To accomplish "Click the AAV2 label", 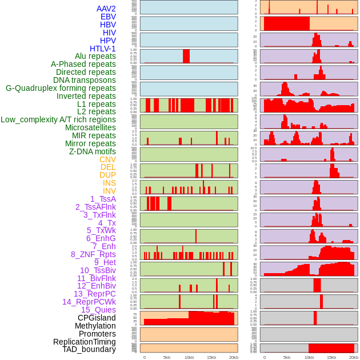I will click(x=106, y=9).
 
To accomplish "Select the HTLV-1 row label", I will click(x=103, y=49).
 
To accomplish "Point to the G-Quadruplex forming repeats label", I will click(x=61, y=88).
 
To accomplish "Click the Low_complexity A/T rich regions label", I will click(x=58, y=119).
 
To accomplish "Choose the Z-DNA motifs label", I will click(x=93, y=151).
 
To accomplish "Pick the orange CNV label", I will click(x=107, y=159).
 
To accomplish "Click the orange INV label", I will click(x=109, y=191).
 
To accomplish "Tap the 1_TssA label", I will click(x=103, y=199).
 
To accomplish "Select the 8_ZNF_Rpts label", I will click(x=93, y=254).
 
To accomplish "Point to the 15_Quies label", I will click(x=98, y=310).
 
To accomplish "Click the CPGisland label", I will click(x=97, y=318).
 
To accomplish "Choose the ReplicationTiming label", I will click(x=85, y=342).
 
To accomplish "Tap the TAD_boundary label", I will click(x=89, y=349).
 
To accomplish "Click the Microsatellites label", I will click(x=90, y=127).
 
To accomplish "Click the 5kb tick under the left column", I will click(x=167, y=357).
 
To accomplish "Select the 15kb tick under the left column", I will click(x=211, y=357).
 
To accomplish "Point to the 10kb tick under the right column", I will click(x=309, y=357).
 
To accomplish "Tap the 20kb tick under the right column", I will click(x=354, y=357).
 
